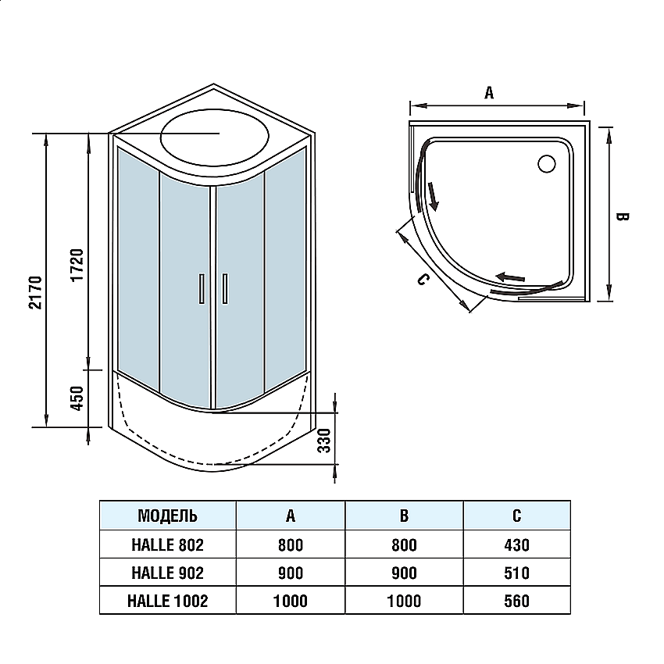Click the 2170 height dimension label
34,292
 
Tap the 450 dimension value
77,398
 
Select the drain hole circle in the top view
546,163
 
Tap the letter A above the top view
490,93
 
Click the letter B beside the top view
623,216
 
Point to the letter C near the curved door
420,280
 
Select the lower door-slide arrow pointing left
512,277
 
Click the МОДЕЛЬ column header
167,516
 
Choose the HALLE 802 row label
167,544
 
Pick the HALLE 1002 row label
167,601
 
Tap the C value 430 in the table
516,544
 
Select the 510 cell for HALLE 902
516,573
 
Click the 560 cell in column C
516,601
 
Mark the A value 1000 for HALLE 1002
291,601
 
